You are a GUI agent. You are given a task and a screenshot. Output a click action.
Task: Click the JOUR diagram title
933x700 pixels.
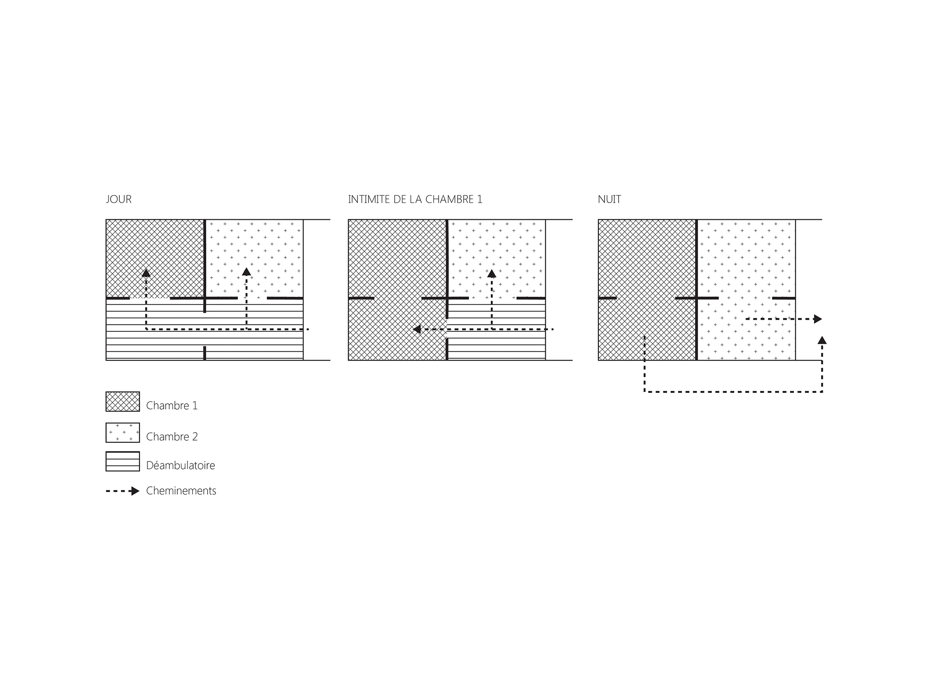click(119, 199)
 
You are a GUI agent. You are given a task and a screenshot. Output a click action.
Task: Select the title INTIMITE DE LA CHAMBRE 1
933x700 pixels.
click(415, 199)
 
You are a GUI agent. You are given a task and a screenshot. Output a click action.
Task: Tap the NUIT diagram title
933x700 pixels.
click(609, 199)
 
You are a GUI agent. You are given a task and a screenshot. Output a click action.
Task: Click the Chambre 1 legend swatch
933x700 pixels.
click(123, 401)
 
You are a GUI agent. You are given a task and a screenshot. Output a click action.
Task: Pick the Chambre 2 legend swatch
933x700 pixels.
click(123, 433)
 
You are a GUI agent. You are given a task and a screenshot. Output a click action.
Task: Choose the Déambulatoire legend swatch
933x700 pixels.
click(123, 462)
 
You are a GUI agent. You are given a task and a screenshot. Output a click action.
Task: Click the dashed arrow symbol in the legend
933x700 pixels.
click(123, 491)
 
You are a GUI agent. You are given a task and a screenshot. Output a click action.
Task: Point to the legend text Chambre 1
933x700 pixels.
click(172, 406)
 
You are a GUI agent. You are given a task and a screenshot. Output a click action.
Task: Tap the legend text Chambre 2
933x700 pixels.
click(172, 437)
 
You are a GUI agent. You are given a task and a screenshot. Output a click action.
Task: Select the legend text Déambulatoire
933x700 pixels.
click(181, 465)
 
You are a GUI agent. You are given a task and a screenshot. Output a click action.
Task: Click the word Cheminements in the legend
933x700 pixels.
click(181, 491)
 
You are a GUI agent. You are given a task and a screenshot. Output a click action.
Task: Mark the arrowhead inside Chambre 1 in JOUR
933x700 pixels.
click(146, 273)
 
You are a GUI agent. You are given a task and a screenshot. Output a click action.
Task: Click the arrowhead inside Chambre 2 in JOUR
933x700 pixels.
click(246, 272)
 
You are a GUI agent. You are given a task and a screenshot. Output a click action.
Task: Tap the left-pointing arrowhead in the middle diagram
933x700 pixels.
click(417, 329)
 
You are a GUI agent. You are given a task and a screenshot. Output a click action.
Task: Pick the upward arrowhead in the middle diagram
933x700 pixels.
click(492, 273)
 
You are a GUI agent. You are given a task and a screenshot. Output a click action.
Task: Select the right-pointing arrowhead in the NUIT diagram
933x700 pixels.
click(818, 319)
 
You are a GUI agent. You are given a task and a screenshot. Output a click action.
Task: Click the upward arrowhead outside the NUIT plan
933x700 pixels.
click(822, 340)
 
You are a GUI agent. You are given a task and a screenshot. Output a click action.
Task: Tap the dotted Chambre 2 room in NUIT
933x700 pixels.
click(746, 290)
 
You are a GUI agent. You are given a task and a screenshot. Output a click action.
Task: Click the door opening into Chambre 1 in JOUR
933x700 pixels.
click(150, 298)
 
